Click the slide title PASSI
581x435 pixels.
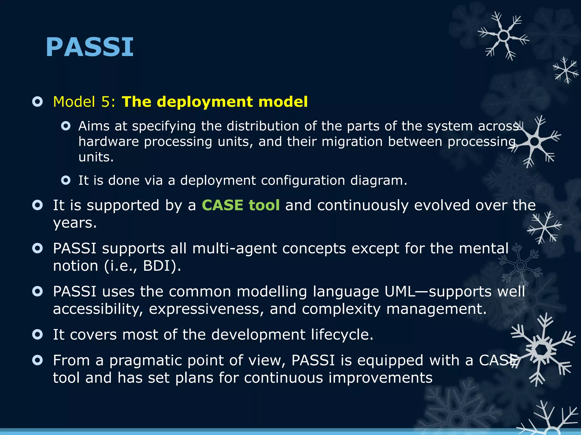(89, 47)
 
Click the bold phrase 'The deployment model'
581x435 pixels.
(214, 102)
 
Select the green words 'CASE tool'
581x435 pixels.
(241, 205)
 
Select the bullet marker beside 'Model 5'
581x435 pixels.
(37, 102)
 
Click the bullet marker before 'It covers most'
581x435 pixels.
(37, 334)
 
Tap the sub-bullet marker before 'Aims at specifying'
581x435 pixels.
(66, 126)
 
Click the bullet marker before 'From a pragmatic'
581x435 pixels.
(37, 360)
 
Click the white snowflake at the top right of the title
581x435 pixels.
(503, 36)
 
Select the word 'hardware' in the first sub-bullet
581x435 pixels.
(108, 141)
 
